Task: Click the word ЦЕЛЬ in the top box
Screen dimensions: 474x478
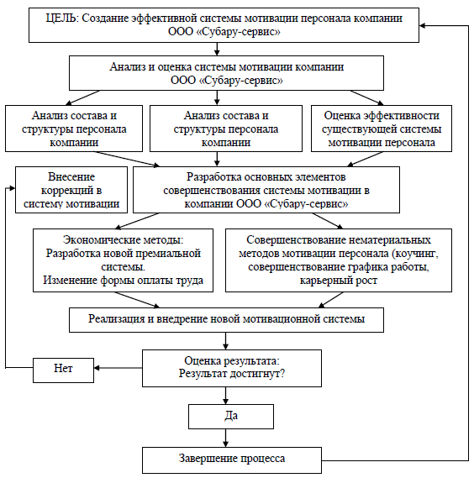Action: tap(62, 18)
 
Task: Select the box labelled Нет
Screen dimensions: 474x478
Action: tap(63, 370)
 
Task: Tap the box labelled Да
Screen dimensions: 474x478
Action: tap(231, 417)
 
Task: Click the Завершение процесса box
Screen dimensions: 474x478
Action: tap(232, 460)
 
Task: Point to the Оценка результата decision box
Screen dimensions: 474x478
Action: tap(232, 368)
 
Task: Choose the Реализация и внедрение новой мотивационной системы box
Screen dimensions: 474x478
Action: tap(226, 320)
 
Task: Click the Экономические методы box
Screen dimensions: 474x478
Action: tap(123, 260)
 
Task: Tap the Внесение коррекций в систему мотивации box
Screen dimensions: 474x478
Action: tap(71, 190)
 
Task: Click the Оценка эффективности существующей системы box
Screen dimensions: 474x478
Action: tap(382, 129)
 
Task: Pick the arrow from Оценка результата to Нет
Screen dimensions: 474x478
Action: tap(118, 368)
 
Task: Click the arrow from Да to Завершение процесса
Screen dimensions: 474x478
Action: tap(225, 438)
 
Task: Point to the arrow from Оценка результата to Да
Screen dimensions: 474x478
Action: tap(225, 396)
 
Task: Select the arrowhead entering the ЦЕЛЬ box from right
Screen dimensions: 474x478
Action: tap(422, 25)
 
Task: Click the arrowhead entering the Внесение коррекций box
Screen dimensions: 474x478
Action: tap(13, 188)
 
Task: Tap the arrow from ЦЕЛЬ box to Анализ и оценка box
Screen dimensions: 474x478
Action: tap(217, 49)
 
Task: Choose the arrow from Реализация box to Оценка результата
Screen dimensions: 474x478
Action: tap(225, 341)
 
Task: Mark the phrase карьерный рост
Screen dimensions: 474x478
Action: tap(339, 281)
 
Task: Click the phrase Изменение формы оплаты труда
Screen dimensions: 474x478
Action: tap(123, 281)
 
